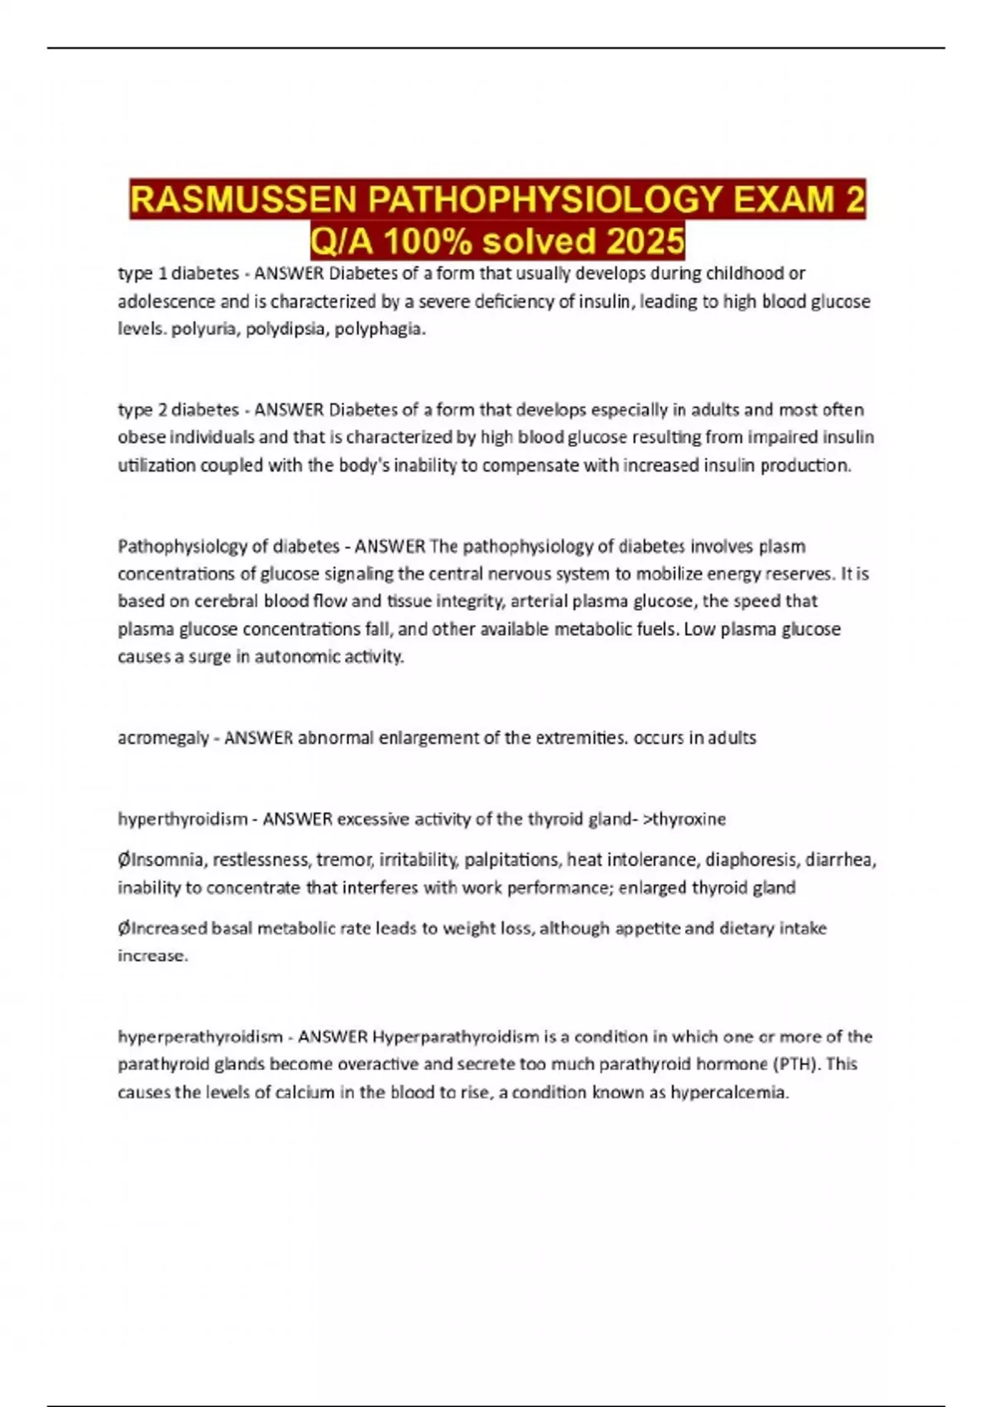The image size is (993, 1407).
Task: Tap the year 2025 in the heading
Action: click(645, 242)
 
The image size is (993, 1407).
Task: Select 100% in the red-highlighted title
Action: click(429, 242)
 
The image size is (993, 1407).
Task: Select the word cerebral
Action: click(226, 601)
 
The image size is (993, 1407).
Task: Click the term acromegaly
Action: click(163, 737)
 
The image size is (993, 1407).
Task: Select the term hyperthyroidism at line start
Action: click(183, 819)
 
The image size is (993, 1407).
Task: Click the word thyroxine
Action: click(689, 819)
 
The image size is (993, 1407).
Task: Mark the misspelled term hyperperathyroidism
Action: click(199, 1037)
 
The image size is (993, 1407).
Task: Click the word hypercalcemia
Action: click(729, 1092)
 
